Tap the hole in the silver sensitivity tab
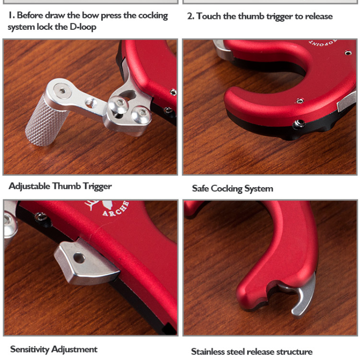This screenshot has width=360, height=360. coord(79,258)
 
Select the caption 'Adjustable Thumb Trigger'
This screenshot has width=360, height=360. coord(60,186)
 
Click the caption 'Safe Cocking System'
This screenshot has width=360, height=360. coord(232,189)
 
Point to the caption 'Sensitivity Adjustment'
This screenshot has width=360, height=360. coord(54,349)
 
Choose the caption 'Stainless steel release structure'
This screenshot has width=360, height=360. coord(252,351)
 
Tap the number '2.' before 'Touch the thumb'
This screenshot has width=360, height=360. coord(191,16)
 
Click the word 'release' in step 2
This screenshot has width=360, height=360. coord(318,16)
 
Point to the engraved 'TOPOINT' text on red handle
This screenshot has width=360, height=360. coord(323,44)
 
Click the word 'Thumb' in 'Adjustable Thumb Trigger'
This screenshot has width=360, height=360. coord(67,186)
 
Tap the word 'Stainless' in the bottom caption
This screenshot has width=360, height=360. coord(209,351)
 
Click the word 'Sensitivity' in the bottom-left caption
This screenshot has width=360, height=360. coord(30,349)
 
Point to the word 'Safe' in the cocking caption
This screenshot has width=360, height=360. coord(201,189)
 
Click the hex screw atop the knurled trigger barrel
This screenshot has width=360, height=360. coord(62,91)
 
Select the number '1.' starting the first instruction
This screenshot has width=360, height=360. coord(11,15)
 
